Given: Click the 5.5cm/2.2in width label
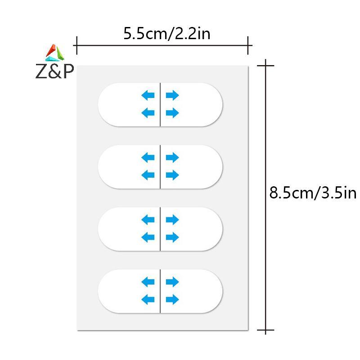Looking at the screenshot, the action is click(x=166, y=34).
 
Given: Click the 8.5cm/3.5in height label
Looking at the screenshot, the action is click(x=313, y=193).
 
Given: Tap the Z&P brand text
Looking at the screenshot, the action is click(x=54, y=72).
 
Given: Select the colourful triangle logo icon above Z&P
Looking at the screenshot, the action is click(x=55, y=53).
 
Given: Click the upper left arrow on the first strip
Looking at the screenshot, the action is click(x=148, y=95).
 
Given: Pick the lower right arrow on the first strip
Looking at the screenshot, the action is click(x=172, y=113).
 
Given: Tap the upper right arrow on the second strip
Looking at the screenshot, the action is click(x=172, y=157).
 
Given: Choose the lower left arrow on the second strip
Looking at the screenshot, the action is click(x=148, y=175).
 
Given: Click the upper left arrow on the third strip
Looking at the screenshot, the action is click(x=148, y=220).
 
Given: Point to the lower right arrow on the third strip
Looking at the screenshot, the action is click(x=172, y=237).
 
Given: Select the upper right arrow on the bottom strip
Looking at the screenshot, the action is click(x=172, y=282).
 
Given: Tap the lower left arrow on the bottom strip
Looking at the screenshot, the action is click(x=148, y=299).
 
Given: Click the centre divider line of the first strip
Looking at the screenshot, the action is click(x=160, y=104).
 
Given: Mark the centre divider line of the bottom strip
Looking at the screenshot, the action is click(x=160, y=291).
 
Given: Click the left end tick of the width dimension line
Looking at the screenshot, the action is click(x=76, y=45).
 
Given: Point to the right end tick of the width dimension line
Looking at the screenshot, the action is click(x=248, y=45).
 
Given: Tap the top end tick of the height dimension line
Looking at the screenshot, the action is click(x=265, y=66).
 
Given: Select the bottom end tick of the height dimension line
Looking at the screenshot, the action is click(x=265, y=330).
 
